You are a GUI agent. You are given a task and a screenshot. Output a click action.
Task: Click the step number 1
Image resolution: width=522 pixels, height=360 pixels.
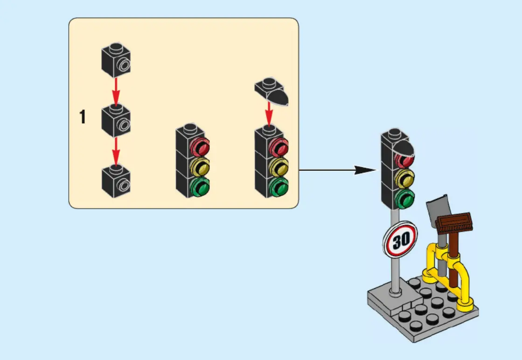[x=83, y=117]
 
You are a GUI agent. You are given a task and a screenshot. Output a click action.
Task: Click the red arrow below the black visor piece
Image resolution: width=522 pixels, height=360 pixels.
[x=269, y=114]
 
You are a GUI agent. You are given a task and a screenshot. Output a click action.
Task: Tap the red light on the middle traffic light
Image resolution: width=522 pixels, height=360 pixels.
[x=201, y=147]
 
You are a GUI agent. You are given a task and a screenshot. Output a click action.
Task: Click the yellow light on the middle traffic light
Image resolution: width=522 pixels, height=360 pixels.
[x=201, y=166]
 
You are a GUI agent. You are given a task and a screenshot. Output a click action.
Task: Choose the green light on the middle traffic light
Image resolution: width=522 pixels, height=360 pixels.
[x=201, y=187]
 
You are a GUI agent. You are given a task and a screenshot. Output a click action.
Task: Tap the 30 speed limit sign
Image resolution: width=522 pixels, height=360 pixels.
[x=400, y=240]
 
